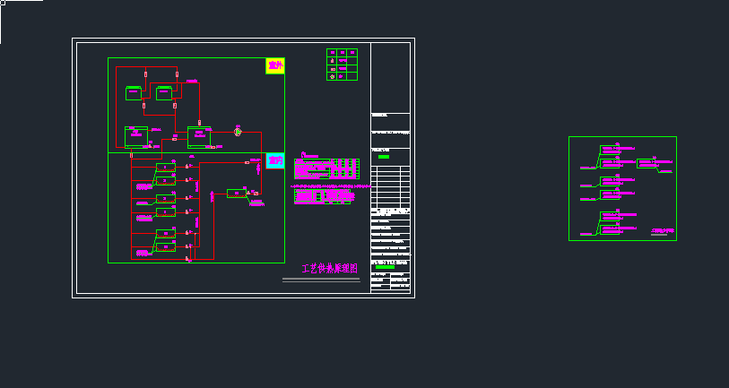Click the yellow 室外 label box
click(x=275, y=65)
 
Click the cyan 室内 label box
click(x=275, y=160)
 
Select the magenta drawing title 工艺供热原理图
click(x=329, y=268)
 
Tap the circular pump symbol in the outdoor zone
click(x=238, y=132)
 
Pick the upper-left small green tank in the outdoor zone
click(x=134, y=93)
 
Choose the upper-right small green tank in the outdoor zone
click(x=164, y=93)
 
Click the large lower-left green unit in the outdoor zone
click(x=136, y=136)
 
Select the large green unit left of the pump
click(x=199, y=136)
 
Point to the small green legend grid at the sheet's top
click(x=342, y=65)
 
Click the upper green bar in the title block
click(x=384, y=157)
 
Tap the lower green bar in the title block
click(x=385, y=267)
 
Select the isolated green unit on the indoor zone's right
click(x=236, y=193)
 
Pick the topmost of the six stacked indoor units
click(x=166, y=168)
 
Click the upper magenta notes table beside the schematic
click(x=326, y=169)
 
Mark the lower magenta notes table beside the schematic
click(x=326, y=196)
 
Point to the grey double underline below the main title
click(x=325, y=280)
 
